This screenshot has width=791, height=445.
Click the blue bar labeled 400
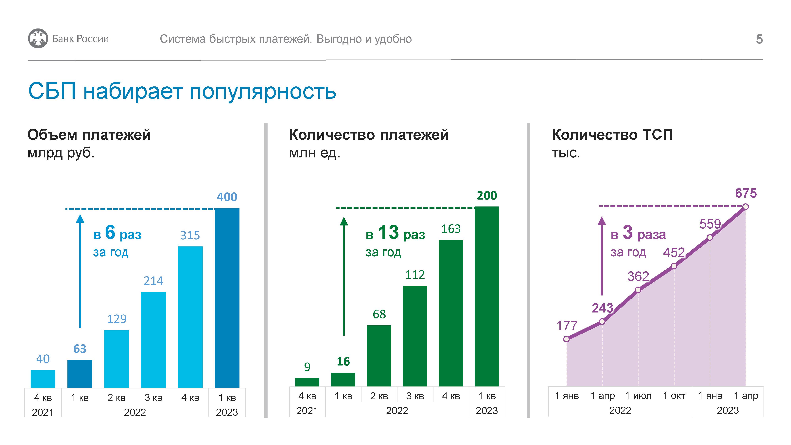[227, 298]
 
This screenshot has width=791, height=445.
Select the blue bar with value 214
[153, 339]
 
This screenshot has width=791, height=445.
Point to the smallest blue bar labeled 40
[43, 379]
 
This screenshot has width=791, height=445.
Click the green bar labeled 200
[487, 296]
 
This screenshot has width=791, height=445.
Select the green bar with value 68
[379, 356]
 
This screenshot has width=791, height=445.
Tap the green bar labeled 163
[451, 313]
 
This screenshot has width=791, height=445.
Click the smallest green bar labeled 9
[307, 382]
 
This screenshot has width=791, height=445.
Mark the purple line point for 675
[746, 207]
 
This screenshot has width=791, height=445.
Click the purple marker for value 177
[567, 339]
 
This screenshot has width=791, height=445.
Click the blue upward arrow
[80, 270]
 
